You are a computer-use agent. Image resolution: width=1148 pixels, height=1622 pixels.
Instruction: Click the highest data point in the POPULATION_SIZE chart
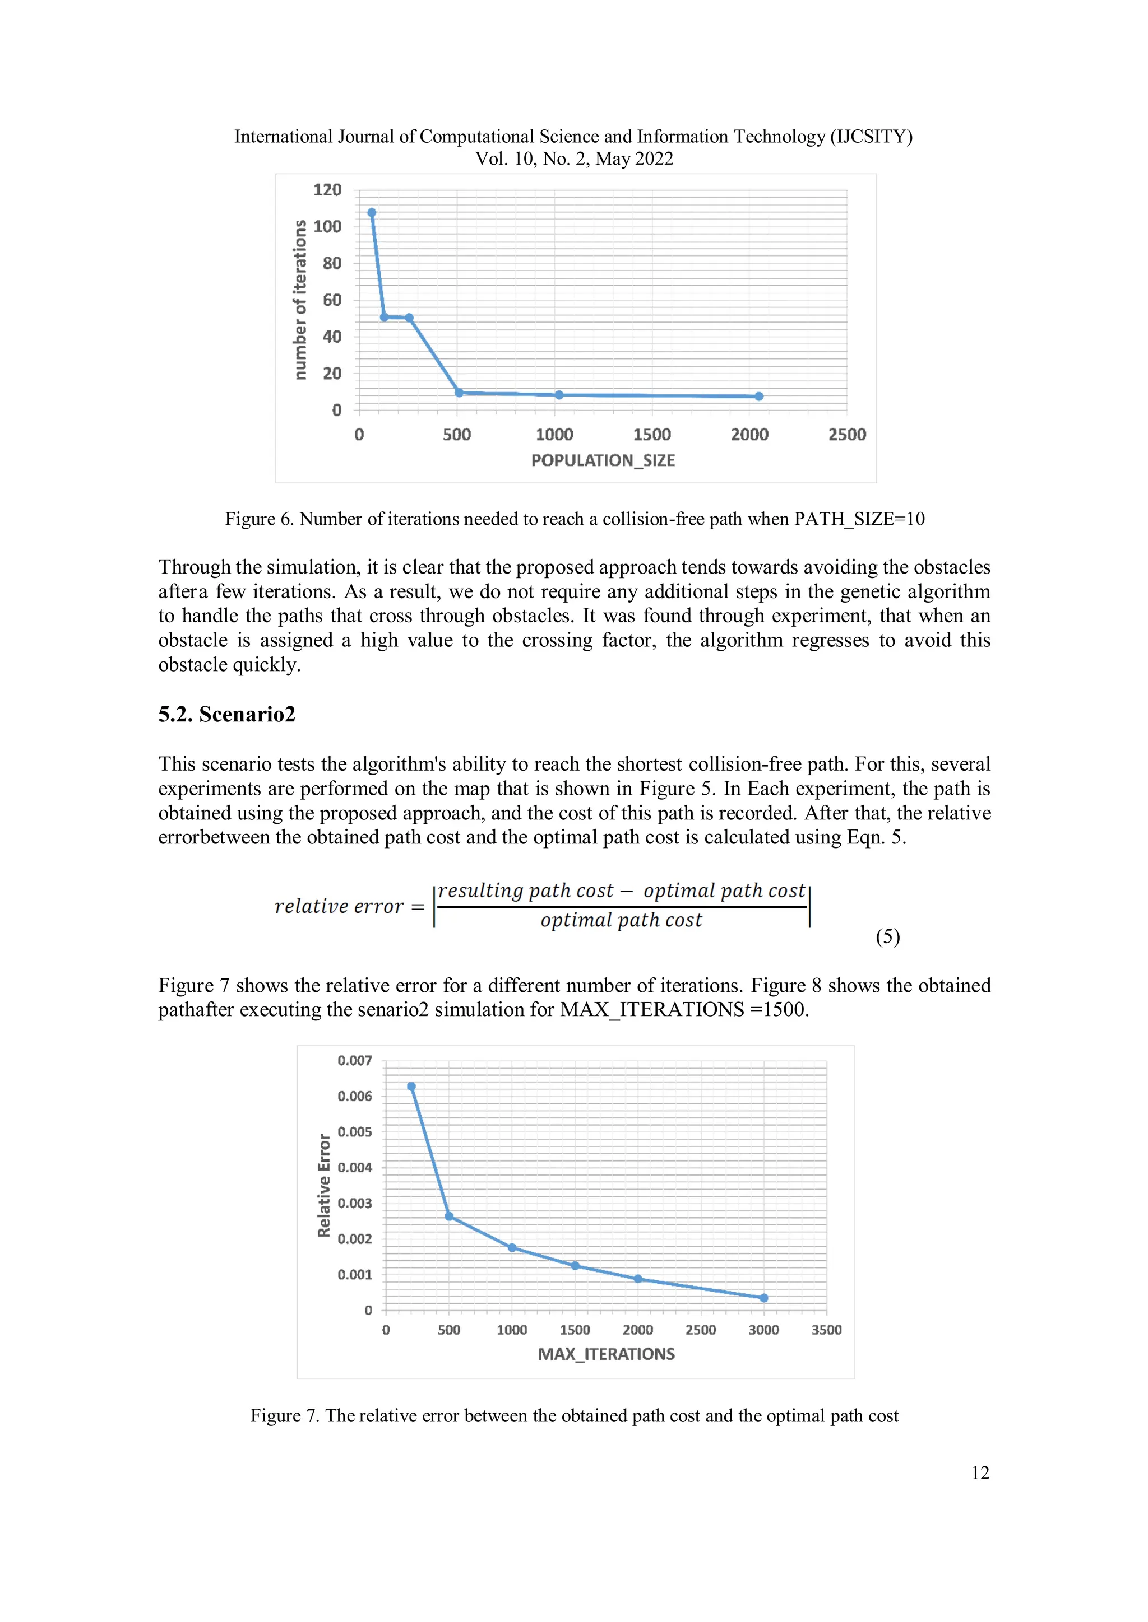[372, 213]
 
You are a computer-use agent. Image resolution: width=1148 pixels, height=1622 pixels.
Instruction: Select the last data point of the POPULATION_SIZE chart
[758, 397]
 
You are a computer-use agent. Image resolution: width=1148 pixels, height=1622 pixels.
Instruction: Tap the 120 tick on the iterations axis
[327, 190]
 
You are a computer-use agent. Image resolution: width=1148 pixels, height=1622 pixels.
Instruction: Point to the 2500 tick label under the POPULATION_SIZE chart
[847, 435]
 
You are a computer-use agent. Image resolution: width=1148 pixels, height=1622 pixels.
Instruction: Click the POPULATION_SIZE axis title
[603, 460]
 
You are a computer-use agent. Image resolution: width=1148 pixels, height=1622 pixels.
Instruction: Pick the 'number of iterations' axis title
[300, 300]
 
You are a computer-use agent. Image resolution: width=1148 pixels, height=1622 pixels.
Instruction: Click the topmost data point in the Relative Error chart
[411, 1087]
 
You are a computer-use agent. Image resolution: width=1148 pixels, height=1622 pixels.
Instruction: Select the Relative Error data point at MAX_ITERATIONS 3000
[763, 1298]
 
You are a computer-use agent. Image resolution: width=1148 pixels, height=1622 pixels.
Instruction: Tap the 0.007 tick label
[354, 1060]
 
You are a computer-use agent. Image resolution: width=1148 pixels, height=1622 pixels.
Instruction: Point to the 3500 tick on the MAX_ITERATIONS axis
[826, 1330]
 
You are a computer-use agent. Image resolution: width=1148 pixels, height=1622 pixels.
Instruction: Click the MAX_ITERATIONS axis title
[606, 1354]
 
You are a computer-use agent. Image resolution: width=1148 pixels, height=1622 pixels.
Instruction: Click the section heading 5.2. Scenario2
[226, 714]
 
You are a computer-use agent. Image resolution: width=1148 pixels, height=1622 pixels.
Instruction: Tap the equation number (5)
[887, 937]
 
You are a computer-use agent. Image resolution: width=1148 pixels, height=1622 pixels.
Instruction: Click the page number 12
[980, 1472]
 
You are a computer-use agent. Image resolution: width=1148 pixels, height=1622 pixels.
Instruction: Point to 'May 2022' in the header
[634, 159]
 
